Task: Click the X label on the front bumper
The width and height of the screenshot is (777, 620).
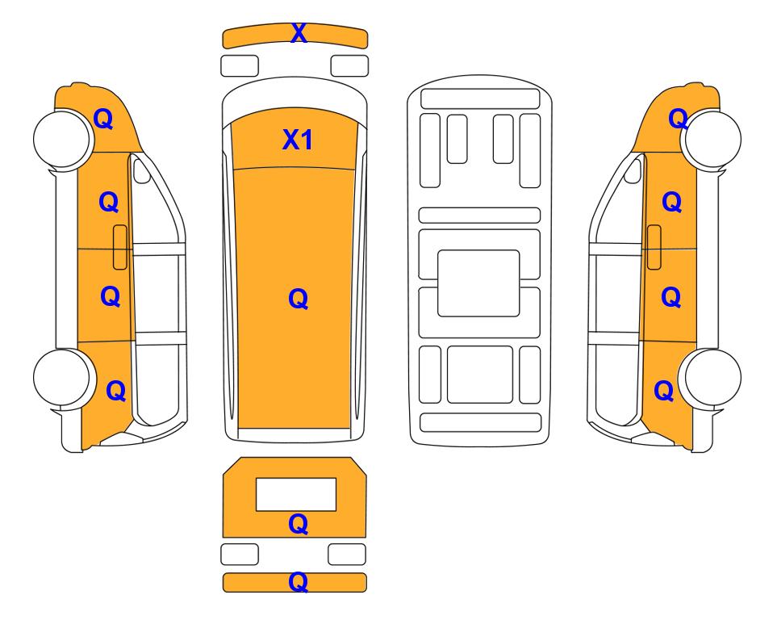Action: click(x=299, y=33)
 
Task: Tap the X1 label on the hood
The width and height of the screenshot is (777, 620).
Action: click(x=297, y=140)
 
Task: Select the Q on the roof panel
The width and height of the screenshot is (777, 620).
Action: click(x=299, y=299)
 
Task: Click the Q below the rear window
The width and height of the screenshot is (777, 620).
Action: click(x=299, y=524)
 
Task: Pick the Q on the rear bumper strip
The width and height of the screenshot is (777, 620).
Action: click(x=299, y=582)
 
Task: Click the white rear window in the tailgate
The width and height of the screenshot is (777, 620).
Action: click(x=296, y=495)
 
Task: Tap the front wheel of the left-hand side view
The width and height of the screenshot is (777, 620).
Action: click(x=62, y=140)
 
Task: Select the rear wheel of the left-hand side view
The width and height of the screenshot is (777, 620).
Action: click(x=62, y=378)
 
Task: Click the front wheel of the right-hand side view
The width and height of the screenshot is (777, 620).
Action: click(x=712, y=140)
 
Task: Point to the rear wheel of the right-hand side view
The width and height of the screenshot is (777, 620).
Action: click(x=712, y=378)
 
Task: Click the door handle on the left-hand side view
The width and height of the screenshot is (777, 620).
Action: click(x=120, y=247)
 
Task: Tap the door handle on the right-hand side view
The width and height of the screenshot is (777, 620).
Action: click(x=654, y=247)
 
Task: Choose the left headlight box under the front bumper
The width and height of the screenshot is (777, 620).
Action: click(x=240, y=66)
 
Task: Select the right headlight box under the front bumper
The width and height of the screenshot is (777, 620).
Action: click(x=349, y=66)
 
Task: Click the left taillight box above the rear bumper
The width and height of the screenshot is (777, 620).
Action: click(x=240, y=554)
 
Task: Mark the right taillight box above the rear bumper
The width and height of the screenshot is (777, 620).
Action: click(x=347, y=554)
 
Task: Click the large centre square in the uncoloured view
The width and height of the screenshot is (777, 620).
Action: click(x=478, y=283)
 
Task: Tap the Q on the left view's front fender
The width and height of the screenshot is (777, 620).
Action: click(x=103, y=119)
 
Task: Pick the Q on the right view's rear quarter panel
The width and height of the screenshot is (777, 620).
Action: click(x=664, y=391)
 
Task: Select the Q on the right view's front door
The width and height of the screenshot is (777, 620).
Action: click(x=672, y=203)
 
